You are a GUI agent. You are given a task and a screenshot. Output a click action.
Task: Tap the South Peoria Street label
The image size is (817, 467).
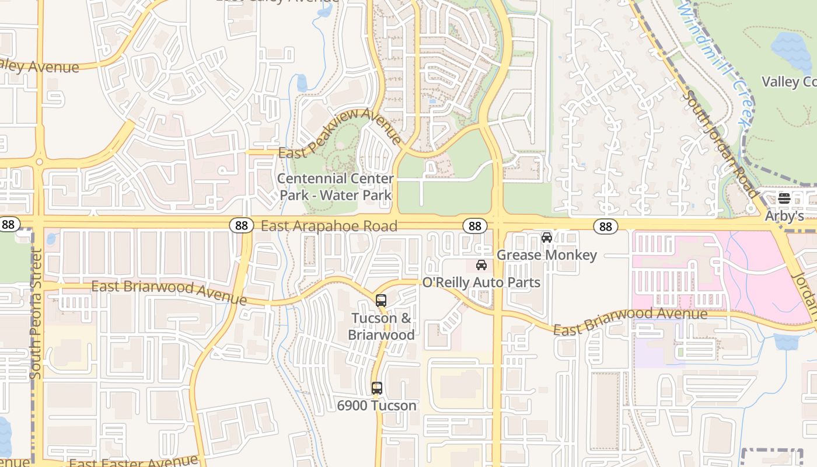point(36,313)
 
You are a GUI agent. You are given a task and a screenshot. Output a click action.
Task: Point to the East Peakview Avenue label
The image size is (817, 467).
point(340,134)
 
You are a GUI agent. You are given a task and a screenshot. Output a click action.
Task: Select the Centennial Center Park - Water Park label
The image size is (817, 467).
point(336,187)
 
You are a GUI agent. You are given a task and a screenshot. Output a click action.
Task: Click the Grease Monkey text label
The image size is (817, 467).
point(546,255)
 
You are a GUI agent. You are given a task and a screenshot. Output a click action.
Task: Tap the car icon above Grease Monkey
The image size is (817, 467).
point(547,238)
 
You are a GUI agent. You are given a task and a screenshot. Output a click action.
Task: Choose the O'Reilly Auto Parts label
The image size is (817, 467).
point(481,283)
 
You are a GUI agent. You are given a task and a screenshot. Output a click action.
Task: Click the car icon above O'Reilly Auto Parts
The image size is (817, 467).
point(481,265)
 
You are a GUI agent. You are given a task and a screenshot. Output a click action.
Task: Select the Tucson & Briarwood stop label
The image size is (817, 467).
point(381,327)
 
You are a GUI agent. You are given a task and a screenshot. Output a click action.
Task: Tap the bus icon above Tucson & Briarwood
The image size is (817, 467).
point(381,301)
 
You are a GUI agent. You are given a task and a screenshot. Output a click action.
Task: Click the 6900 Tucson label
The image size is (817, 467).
point(376,405)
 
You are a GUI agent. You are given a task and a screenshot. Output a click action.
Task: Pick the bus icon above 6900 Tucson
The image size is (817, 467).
point(377,388)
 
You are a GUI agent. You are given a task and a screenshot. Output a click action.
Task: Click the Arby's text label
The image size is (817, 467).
point(784,216)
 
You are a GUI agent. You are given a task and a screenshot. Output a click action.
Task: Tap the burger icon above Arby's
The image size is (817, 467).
point(784,198)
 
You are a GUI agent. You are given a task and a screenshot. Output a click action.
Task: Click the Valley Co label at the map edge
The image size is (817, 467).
point(789,82)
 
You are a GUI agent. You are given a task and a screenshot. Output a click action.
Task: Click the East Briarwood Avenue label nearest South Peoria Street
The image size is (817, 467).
point(169,292)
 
